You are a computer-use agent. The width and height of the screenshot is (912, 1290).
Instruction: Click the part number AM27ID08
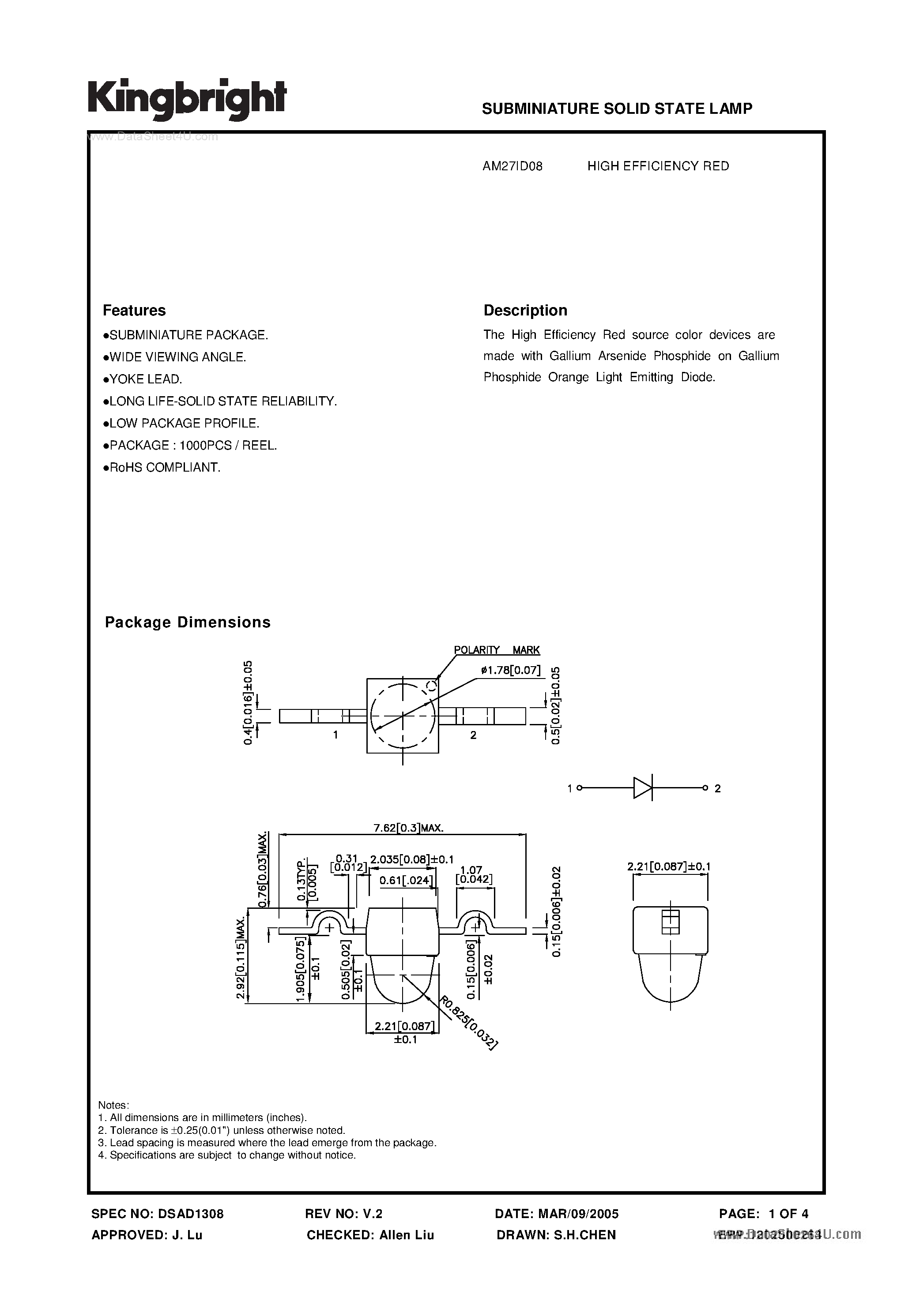[x=512, y=166]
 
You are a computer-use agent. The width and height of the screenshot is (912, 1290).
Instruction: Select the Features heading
[x=134, y=310]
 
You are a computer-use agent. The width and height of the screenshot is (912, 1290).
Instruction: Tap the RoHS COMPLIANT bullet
[x=162, y=468]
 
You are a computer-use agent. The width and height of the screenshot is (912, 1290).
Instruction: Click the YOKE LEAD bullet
[x=143, y=379]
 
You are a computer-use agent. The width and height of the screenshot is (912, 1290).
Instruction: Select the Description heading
[x=525, y=310]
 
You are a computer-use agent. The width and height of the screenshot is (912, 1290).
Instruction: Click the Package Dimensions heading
[x=188, y=622]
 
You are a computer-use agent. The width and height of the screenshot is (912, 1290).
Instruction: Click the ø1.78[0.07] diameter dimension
[x=511, y=670]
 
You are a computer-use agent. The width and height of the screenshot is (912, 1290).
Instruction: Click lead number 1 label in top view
[x=335, y=734]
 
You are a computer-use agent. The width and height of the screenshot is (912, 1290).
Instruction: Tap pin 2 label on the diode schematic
[x=717, y=789]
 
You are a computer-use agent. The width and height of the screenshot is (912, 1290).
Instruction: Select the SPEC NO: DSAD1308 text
[x=158, y=1214]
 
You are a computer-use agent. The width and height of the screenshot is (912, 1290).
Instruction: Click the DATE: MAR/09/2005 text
[x=557, y=1214]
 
